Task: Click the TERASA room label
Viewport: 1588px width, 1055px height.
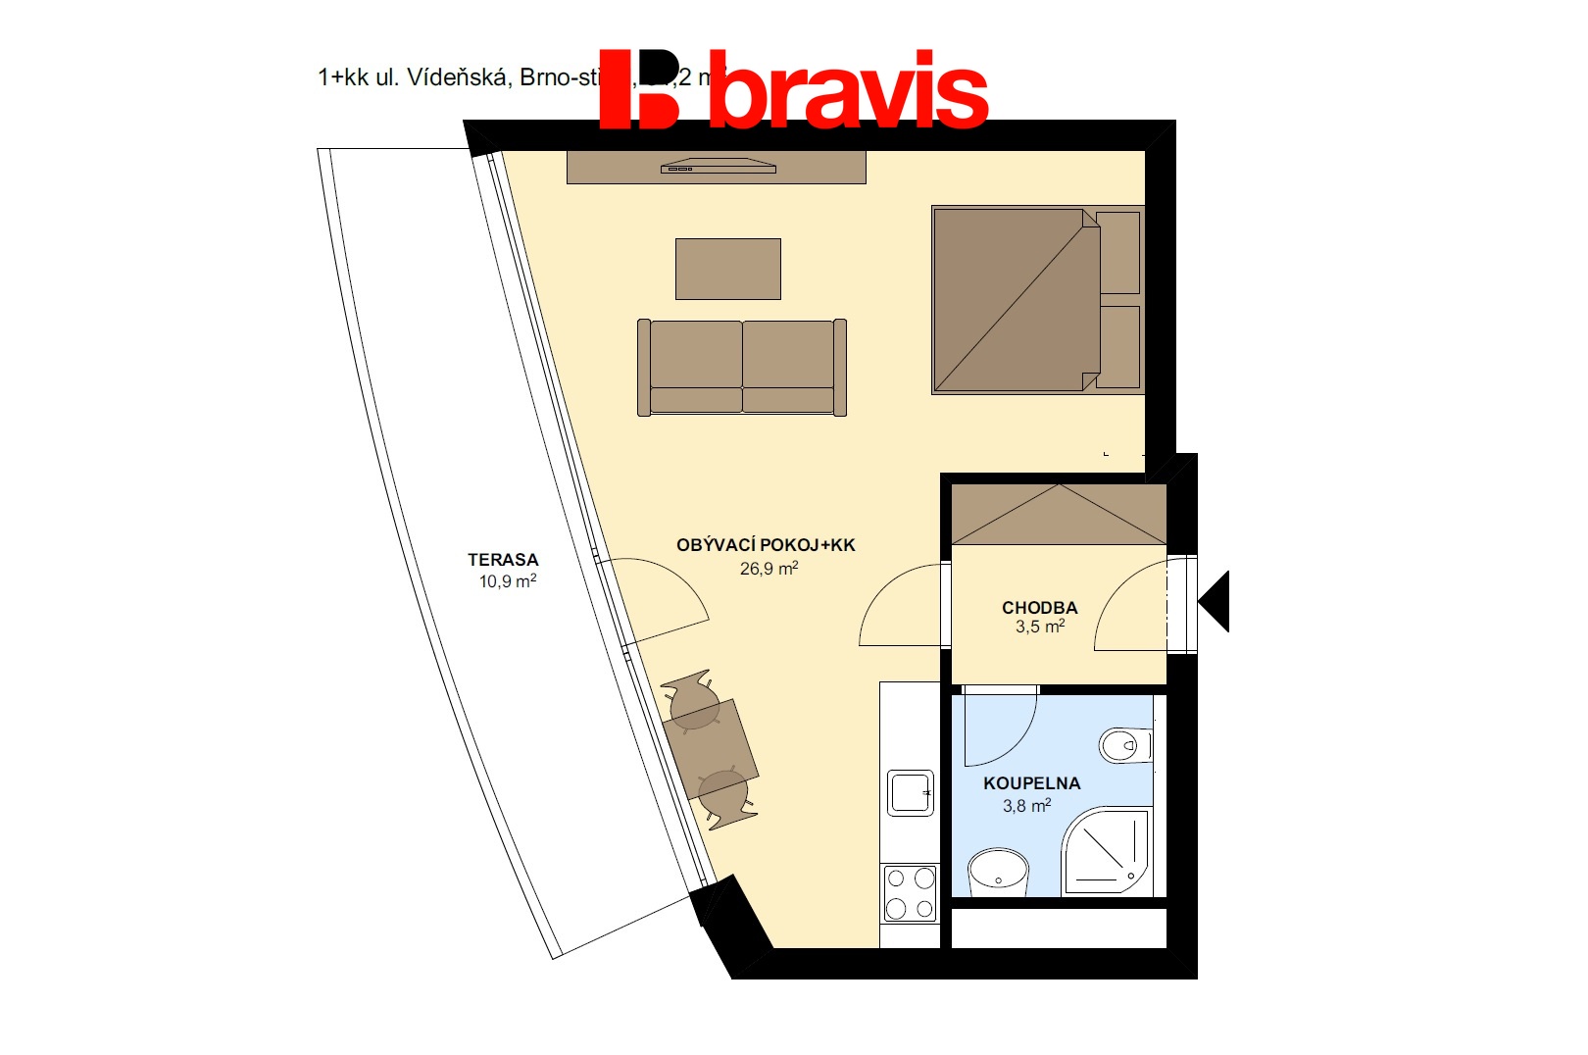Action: [x=503, y=560]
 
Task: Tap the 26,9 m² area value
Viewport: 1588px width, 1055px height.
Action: [x=769, y=569]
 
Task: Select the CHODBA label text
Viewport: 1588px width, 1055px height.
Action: [x=1039, y=608]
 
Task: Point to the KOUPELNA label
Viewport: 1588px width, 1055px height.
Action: [x=1031, y=783]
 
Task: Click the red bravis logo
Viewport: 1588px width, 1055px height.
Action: [x=794, y=90]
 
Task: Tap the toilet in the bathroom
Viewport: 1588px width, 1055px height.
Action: [x=1124, y=745]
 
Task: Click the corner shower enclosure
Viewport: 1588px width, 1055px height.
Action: [x=1107, y=850]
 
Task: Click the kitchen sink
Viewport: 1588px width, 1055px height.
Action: [x=910, y=792]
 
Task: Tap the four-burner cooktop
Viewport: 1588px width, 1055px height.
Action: [x=910, y=893]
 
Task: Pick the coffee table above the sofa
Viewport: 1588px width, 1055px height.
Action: [x=727, y=269]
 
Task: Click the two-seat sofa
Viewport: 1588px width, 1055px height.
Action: [x=742, y=367]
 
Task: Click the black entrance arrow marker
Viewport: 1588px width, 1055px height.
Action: [x=1216, y=601]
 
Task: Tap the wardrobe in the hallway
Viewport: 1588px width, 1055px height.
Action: [x=1059, y=515]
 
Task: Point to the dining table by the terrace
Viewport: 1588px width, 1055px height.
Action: [x=710, y=749]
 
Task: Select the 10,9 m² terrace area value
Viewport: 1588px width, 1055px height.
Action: [x=507, y=581]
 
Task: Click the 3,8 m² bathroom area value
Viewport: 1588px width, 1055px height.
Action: [x=1026, y=806]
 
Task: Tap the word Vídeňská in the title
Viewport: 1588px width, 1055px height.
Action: [x=458, y=77]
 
